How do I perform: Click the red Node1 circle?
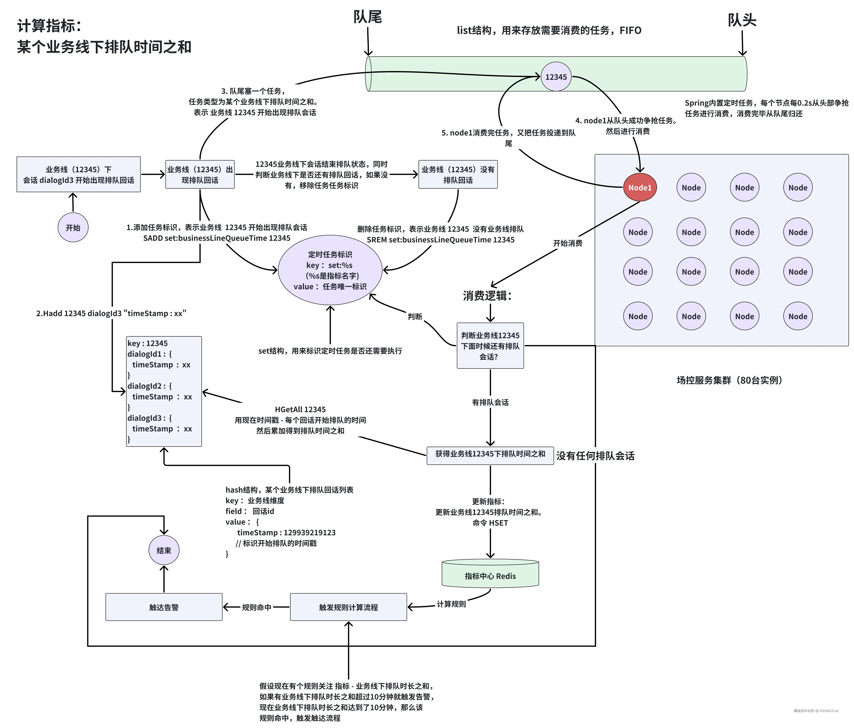(640, 188)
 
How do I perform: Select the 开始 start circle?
(73, 227)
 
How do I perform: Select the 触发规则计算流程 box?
(348, 607)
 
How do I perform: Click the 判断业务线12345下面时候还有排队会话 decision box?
(490, 346)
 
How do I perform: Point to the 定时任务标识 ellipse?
(330, 270)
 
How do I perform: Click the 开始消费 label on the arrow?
(568, 243)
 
